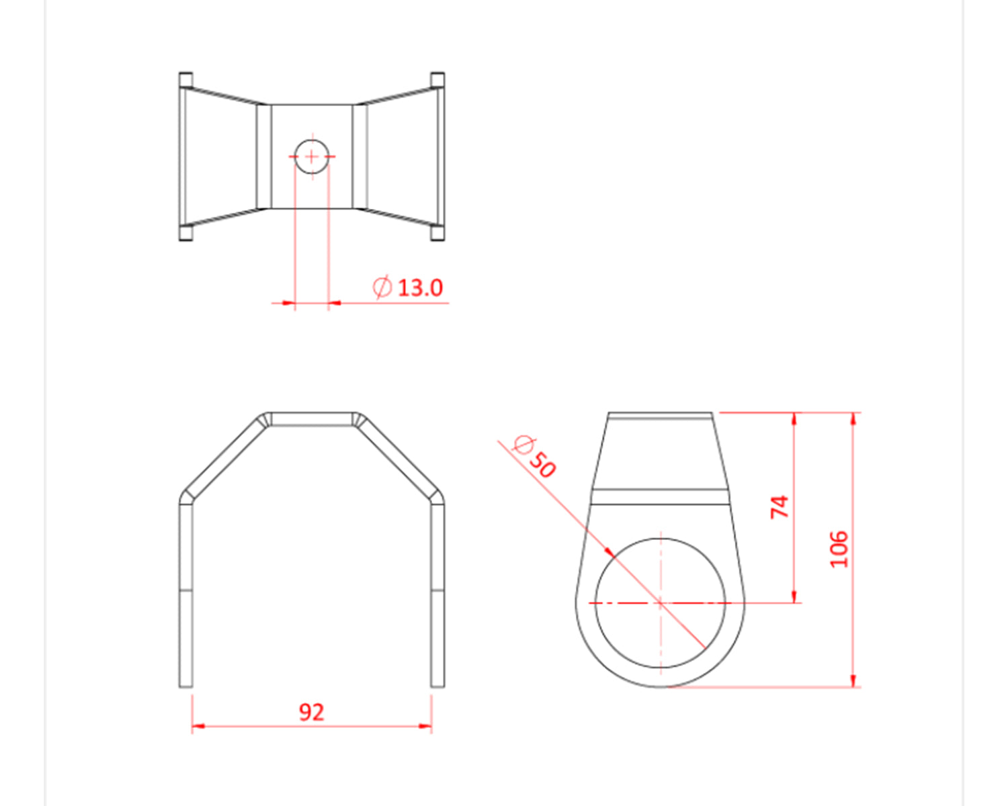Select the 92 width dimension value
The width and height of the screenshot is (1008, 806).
311,712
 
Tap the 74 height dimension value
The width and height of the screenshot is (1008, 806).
779,506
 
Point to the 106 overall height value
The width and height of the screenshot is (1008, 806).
839,549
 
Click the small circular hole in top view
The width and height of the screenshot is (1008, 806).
312,156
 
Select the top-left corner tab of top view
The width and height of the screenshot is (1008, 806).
186,79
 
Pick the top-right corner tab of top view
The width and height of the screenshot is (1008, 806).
437,79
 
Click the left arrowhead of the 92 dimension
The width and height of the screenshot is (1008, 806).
198,726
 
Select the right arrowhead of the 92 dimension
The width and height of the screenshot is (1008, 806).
425,726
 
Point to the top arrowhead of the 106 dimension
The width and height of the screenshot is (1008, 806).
853,418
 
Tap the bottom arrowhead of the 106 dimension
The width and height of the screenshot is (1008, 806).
853,681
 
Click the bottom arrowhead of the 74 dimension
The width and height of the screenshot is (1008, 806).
795,597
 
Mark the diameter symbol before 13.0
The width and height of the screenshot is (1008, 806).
382,287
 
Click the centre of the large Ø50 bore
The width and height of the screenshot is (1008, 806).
661,603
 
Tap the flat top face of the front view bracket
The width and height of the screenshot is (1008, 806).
312,419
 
